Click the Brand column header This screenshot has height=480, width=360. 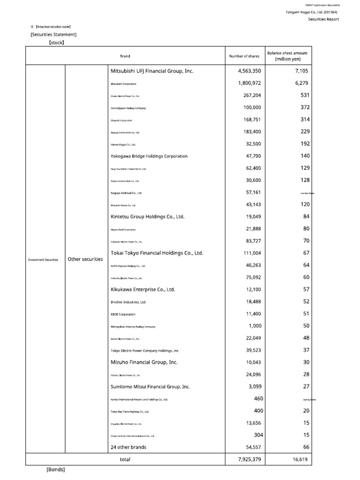[125, 56]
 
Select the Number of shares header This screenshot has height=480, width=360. [244, 56]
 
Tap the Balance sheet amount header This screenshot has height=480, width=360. [287, 56]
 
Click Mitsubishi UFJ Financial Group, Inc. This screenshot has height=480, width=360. [152, 71]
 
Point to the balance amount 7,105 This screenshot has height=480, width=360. [302, 71]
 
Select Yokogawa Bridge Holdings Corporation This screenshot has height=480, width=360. [149, 156]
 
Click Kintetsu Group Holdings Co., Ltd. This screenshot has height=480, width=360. [148, 217]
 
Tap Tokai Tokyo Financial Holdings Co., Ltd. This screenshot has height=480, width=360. [157, 253]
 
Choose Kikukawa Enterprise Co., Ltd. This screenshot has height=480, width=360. [142, 290]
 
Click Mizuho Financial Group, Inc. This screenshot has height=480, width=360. [144, 362]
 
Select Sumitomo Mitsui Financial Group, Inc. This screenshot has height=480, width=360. [150, 387]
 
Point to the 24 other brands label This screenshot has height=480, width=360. [128, 447]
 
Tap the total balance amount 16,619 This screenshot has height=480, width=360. [300, 460]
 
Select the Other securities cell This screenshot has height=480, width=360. [85, 259]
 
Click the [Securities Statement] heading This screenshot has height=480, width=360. [53, 34]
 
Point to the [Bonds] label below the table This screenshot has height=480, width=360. [55, 470]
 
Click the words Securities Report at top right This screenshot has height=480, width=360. [323, 19]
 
